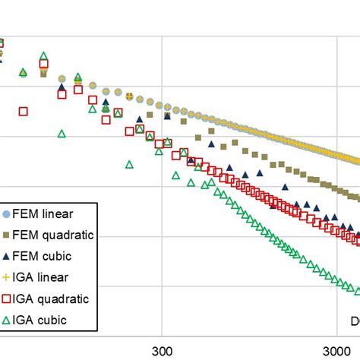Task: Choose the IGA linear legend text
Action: tap(44, 277)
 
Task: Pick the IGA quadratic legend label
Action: tap(52, 298)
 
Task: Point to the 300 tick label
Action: tap(161, 352)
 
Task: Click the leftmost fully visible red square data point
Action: tap(23, 111)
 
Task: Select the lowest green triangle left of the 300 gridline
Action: tap(129, 164)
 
